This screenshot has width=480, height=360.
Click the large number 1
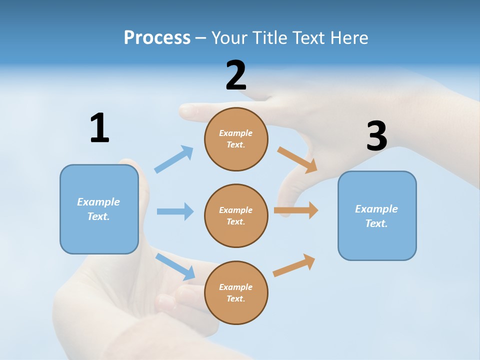tap(99, 128)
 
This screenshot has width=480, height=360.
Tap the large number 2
tap(236, 75)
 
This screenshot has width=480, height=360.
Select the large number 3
tap(376, 136)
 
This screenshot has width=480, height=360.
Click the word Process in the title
tap(157, 37)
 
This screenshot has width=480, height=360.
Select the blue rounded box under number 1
tap(99, 209)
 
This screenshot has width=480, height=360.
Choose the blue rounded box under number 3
tap(377, 215)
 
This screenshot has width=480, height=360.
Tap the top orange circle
tap(236, 139)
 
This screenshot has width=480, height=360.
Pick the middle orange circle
tap(236, 215)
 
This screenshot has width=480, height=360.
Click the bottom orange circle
tap(236, 292)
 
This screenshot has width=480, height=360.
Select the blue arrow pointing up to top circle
tap(174, 159)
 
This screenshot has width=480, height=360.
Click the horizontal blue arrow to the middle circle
tap(175, 211)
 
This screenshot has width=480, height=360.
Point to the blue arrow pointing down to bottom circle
tap(175, 266)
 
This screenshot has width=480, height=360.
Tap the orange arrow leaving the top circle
tap(297, 159)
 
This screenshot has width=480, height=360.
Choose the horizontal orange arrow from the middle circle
tap(296, 210)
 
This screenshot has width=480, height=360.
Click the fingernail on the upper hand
tap(188, 111)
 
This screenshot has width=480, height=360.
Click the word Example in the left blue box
tap(98, 202)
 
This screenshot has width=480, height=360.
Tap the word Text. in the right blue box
tap(376, 223)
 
